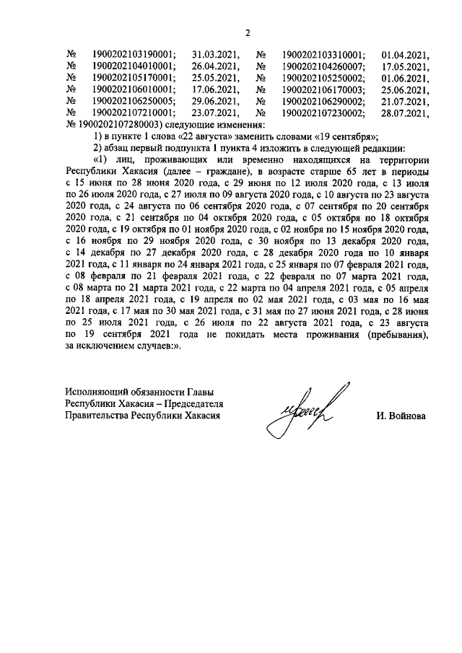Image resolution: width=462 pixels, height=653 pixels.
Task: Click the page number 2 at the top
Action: pos(247,32)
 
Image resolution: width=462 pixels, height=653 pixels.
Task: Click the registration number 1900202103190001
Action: pos(134,54)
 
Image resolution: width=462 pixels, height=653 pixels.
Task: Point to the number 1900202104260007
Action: pos(322,66)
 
